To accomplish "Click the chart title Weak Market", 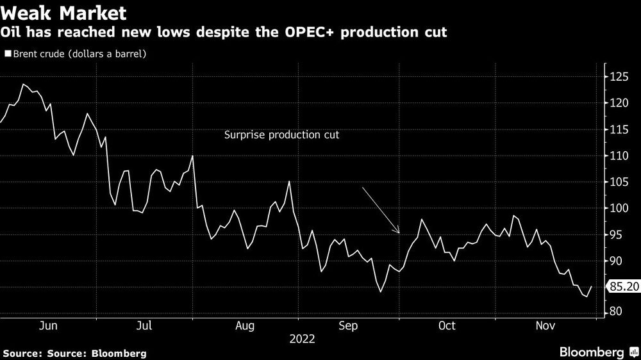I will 63,13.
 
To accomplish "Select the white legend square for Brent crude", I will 8,54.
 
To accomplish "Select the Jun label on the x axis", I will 49,326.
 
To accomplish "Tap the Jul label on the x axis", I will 145,326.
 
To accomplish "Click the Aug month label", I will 246,326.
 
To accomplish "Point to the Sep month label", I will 347,326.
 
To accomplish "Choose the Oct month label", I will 447,326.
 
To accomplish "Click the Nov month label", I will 545,326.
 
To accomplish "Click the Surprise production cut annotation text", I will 281,135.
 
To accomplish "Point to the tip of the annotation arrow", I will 399,234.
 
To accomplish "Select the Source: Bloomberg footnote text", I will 74,353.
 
